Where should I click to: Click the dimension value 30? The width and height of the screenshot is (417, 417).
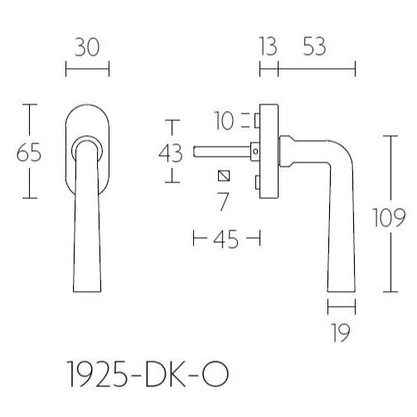(x=87, y=47)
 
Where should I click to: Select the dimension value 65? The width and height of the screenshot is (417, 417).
(x=29, y=153)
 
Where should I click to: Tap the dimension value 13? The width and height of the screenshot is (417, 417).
(x=268, y=46)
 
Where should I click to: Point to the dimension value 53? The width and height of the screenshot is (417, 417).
(x=314, y=46)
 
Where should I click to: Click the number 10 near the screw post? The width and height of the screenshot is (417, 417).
(x=224, y=121)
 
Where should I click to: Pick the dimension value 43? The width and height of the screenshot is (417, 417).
(x=171, y=153)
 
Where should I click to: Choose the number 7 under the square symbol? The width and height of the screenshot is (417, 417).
(x=223, y=202)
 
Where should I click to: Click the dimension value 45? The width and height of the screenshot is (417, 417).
(x=225, y=240)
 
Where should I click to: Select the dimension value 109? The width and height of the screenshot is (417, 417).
(x=389, y=218)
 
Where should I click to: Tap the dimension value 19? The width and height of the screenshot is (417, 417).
(x=341, y=333)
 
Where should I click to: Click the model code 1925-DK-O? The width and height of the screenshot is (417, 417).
(x=148, y=375)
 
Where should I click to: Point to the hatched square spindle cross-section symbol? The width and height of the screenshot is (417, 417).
(x=224, y=176)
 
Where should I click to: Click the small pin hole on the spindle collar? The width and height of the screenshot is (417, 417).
(x=255, y=152)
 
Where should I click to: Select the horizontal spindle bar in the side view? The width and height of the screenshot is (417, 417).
(x=222, y=152)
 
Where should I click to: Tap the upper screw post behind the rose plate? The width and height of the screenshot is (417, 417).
(x=257, y=121)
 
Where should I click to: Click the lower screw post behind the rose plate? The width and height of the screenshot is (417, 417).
(x=257, y=182)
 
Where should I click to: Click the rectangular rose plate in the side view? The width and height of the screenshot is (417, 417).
(x=269, y=151)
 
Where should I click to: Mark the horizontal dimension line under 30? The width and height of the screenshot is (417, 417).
(x=87, y=69)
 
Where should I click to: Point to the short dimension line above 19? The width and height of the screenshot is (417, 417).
(x=342, y=307)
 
